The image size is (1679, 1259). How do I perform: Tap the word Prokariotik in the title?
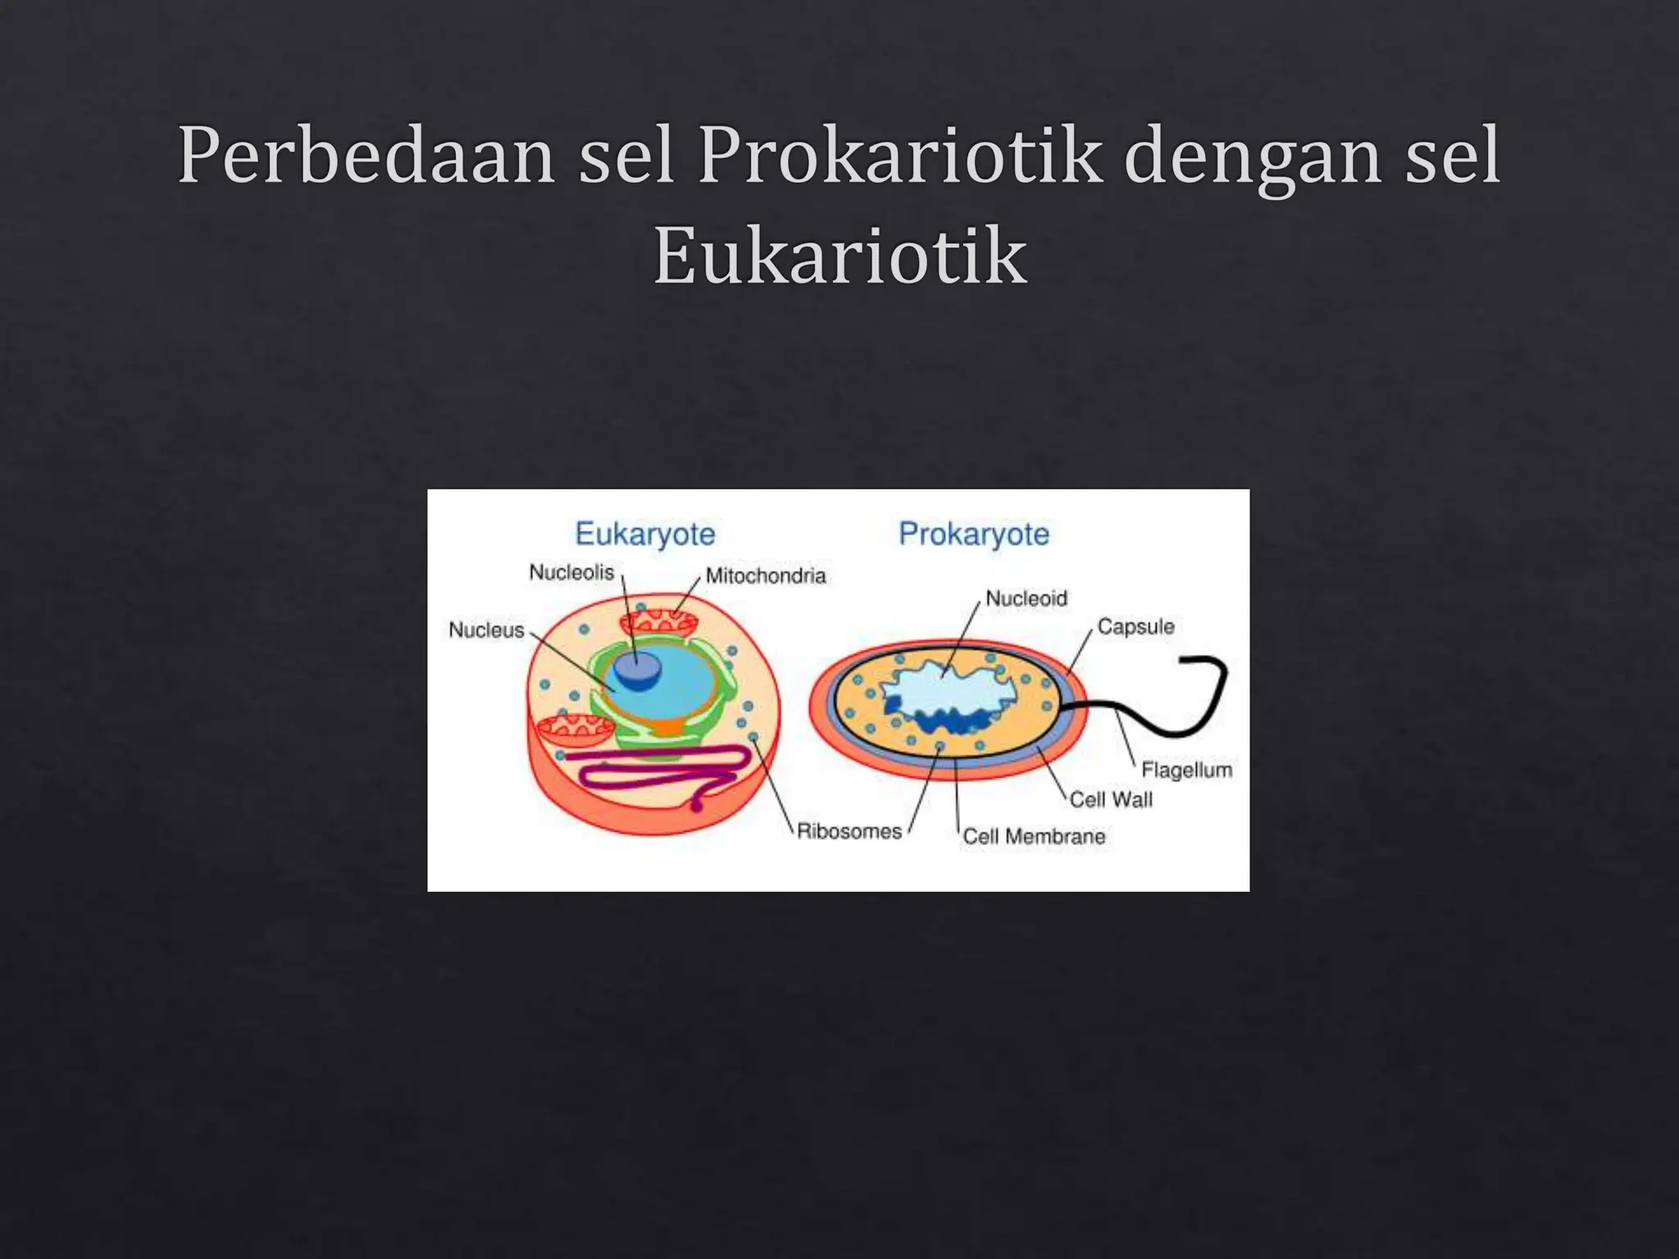pos(899,156)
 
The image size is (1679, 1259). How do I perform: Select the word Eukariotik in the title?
pos(839,257)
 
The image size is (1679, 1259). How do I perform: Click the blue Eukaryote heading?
pos(645,534)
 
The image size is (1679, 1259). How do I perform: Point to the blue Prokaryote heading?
pos(974,534)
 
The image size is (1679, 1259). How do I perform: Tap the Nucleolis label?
pos(571,572)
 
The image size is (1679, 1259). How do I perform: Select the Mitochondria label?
pos(765,576)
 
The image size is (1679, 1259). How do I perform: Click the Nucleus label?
pos(486,630)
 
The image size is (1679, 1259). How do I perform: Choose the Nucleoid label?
pos(1026,599)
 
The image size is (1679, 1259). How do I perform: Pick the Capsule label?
pos(1135,627)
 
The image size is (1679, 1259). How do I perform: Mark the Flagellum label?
pos(1186,770)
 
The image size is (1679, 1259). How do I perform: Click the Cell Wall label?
pos(1111,800)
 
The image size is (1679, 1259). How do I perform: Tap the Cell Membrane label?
pos(1034,837)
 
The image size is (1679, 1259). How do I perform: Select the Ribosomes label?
pos(849,832)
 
